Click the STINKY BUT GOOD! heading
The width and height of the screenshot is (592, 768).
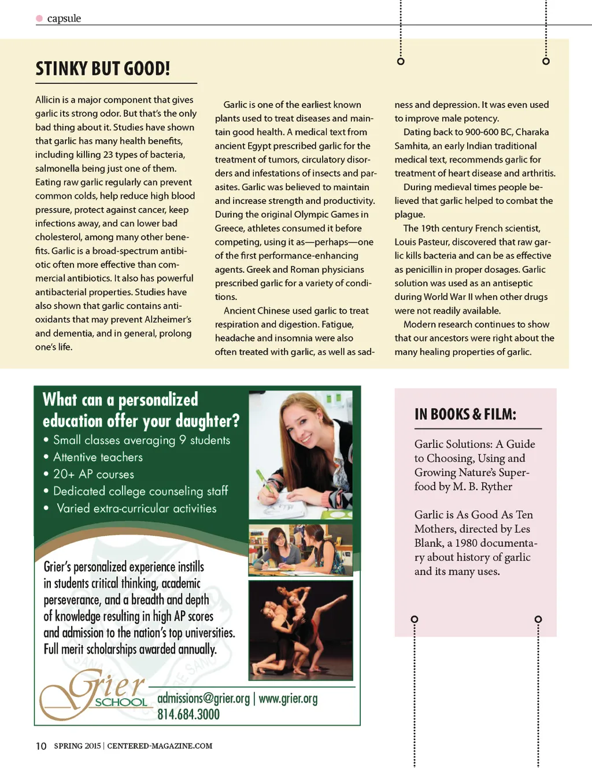tap(103, 69)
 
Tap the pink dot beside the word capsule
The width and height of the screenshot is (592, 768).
tap(39, 18)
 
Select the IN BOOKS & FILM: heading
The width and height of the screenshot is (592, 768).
tap(465, 414)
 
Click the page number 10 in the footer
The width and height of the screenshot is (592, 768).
tap(41, 746)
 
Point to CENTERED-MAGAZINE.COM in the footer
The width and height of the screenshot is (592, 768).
tap(160, 746)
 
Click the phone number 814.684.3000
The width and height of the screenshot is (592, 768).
tap(188, 714)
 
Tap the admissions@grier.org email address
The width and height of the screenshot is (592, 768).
tap(203, 699)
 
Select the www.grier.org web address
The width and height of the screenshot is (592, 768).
tap(288, 699)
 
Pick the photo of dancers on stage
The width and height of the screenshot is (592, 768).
tap(300, 630)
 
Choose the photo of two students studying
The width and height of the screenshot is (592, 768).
tap(300, 550)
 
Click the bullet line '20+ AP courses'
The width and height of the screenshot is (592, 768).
tap(94, 474)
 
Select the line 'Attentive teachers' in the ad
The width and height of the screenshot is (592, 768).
tap(98, 457)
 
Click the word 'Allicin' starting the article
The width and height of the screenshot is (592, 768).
tap(47, 100)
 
